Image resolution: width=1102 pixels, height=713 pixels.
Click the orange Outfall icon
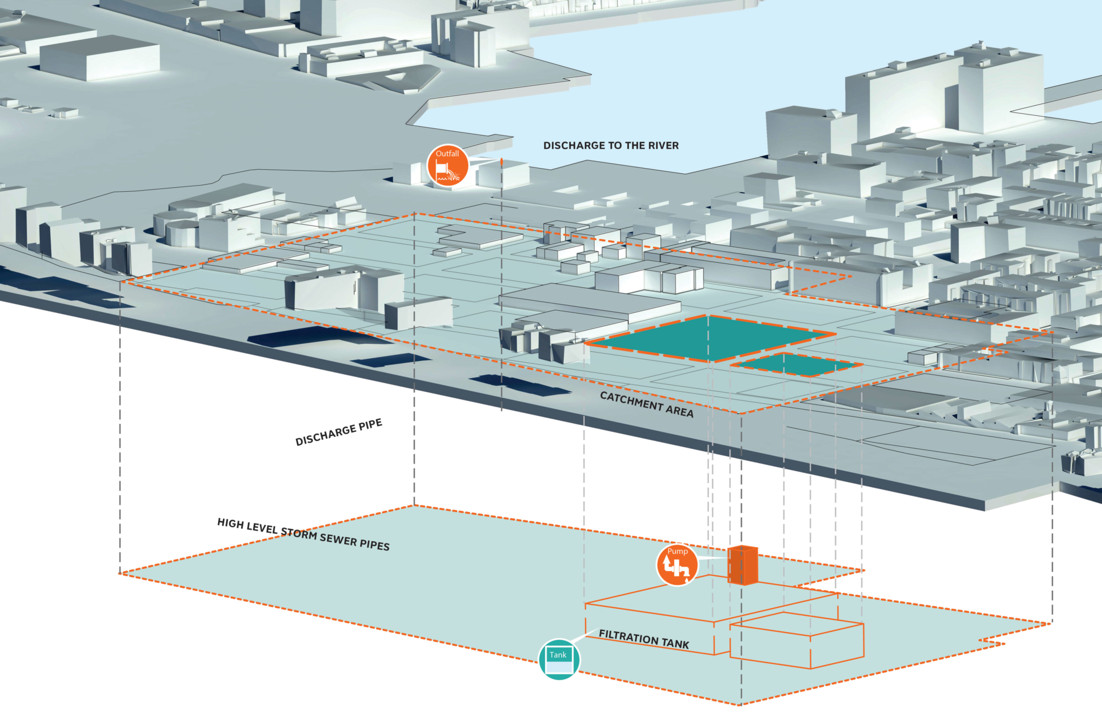click(x=447, y=166)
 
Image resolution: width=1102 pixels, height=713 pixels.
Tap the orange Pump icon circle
click(x=677, y=565)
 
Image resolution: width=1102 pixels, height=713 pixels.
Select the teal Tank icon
click(x=559, y=659)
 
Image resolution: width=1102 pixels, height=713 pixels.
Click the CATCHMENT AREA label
click(x=646, y=404)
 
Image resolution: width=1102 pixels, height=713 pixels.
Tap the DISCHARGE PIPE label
click(x=338, y=432)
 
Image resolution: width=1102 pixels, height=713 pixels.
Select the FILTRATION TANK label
click(x=644, y=639)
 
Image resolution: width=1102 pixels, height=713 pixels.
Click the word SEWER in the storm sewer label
click(x=338, y=539)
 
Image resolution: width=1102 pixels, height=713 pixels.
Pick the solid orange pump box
click(x=743, y=565)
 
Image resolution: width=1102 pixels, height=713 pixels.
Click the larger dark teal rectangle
click(x=711, y=337)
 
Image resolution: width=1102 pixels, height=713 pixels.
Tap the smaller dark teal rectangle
click(x=796, y=364)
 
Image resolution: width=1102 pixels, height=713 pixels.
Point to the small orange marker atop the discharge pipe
click(x=501, y=162)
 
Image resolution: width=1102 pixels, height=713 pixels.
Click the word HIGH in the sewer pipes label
click(x=230, y=523)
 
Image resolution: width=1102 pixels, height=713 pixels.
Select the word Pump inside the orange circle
click(x=677, y=551)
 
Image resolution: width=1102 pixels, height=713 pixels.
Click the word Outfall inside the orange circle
click(x=447, y=154)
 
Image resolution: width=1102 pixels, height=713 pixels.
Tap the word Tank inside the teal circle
click(x=558, y=655)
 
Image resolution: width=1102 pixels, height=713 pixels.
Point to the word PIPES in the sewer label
click(x=375, y=544)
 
